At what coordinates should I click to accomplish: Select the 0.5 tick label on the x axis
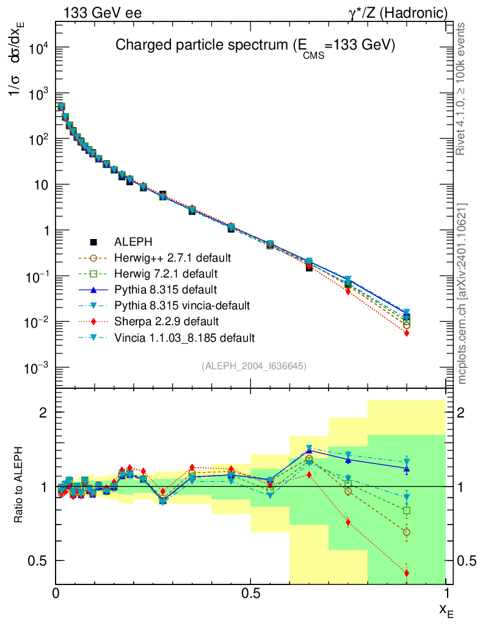[x=250, y=594]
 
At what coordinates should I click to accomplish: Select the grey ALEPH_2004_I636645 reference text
[x=254, y=366]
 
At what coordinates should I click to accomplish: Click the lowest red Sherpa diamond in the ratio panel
[x=407, y=573]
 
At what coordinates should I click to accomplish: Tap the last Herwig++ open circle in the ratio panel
[x=407, y=532]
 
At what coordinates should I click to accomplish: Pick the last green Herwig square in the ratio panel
[x=407, y=510]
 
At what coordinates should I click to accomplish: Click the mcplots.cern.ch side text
[x=462, y=293]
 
